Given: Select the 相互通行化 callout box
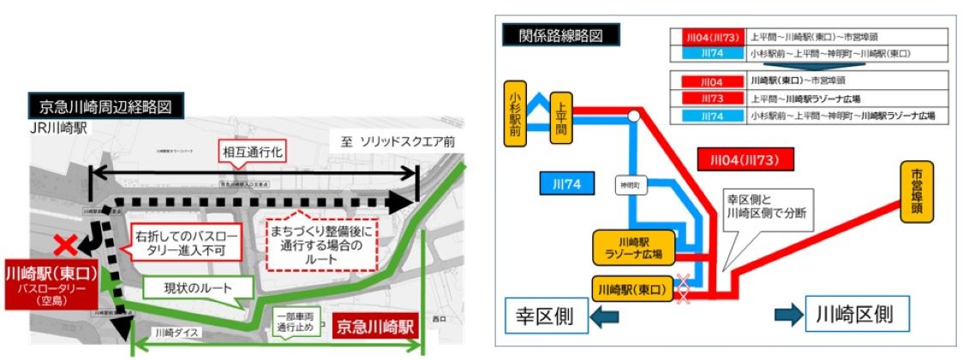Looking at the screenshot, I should click(x=253, y=153).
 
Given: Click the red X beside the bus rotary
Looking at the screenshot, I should click(x=63, y=246).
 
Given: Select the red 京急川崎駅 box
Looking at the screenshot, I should click(x=375, y=327).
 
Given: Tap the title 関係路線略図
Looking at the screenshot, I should click(x=560, y=36).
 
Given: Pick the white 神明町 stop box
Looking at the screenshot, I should click(x=630, y=184).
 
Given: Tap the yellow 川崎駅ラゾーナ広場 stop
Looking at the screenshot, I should click(x=633, y=247).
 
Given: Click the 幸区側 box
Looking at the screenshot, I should click(x=546, y=315).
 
